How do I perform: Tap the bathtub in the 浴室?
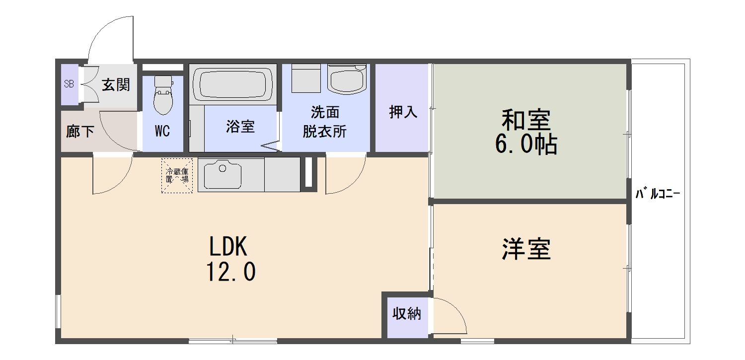pyautogui.click(x=232, y=83)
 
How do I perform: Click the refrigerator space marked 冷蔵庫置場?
pyautogui.click(x=177, y=175)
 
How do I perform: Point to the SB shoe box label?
pyautogui.click(x=69, y=84)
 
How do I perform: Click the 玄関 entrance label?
pyautogui.click(x=116, y=85)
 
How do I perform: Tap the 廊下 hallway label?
pyautogui.click(x=80, y=132)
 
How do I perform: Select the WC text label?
pyautogui.click(x=162, y=132)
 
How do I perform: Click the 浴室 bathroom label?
pyautogui.click(x=240, y=127)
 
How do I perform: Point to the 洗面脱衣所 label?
pyautogui.click(x=325, y=122)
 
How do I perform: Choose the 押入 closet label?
pyautogui.click(x=403, y=112)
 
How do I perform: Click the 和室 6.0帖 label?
pyautogui.click(x=526, y=132)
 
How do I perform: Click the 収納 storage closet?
pyautogui.click(x=407, y=314)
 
